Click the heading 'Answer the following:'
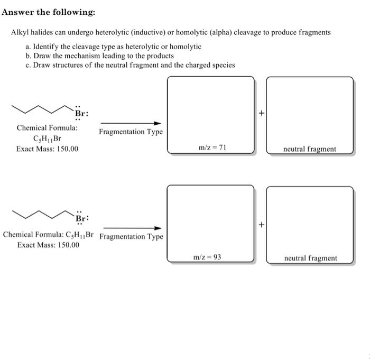pos(43,12)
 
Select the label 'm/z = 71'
pos(211,148)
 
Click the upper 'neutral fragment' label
pos(309,149)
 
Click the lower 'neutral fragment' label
pos(310,259)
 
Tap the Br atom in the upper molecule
pos(80,113)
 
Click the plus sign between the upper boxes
pos(261,113)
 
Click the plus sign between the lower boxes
pos(261,224)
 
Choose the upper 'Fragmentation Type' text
pos(131,132)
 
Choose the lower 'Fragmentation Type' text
pos(131,236)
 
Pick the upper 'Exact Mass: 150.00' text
pos(47,149)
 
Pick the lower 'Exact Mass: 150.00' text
pos(48,245)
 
